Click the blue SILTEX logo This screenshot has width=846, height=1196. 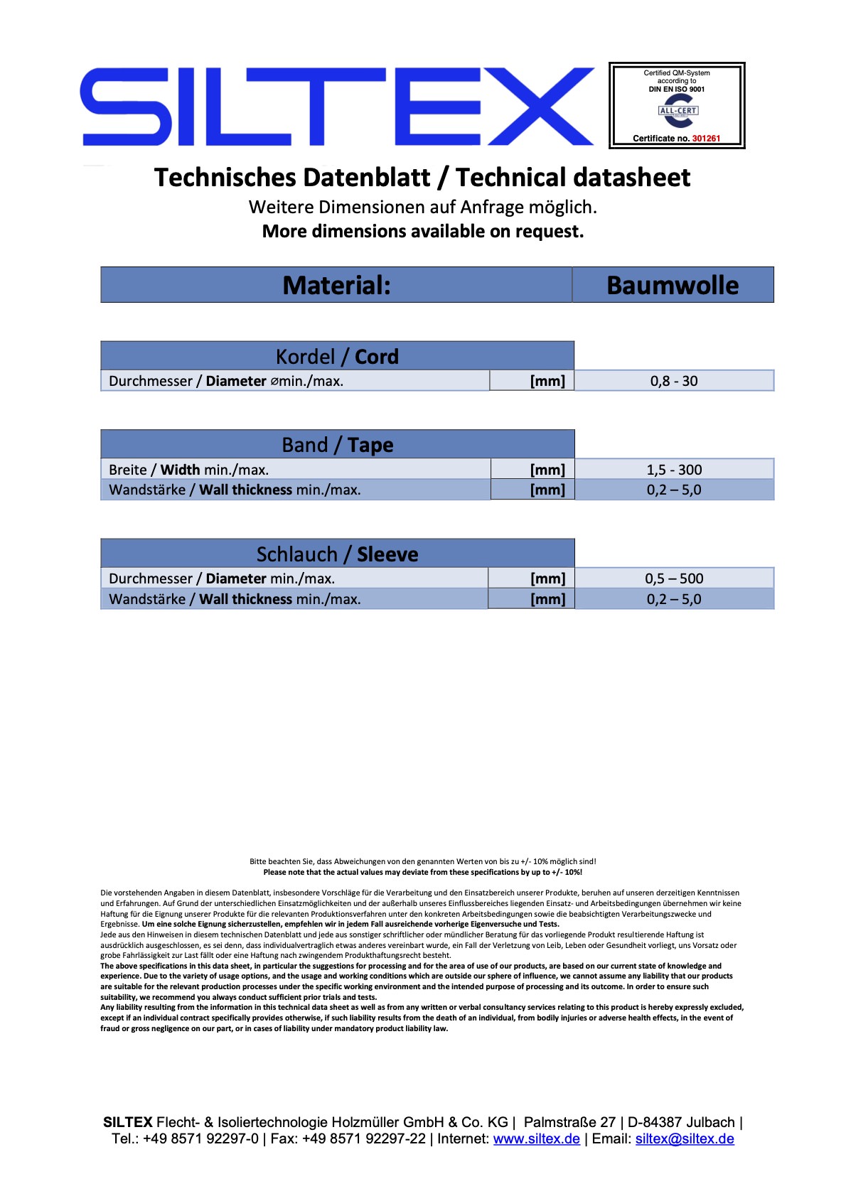[337, 107]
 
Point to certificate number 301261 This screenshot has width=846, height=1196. [706, 139]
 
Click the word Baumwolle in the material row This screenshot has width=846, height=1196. [673, 285]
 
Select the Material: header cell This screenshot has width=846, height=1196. [336, 285]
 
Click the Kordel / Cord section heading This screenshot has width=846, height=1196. [337, 356]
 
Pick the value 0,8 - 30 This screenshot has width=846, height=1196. [674, 381]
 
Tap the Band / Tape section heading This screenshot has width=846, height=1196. [337, 445]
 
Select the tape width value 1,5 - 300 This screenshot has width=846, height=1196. [674, 470]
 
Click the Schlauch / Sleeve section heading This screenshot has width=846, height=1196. [337, 554]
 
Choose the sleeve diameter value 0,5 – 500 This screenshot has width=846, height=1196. [674, 578]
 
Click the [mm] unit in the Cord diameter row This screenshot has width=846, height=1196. [547, 381]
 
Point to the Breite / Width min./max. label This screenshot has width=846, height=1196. [188, 470]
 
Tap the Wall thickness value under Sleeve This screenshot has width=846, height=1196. [674, 599]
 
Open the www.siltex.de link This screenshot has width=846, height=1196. [536, 1138]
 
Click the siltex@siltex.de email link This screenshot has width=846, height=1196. [684, 1138]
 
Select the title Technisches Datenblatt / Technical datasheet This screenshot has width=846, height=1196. [422, 178]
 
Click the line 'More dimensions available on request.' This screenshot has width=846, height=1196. [422, 232]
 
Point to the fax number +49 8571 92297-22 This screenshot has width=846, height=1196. [363, 1138]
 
